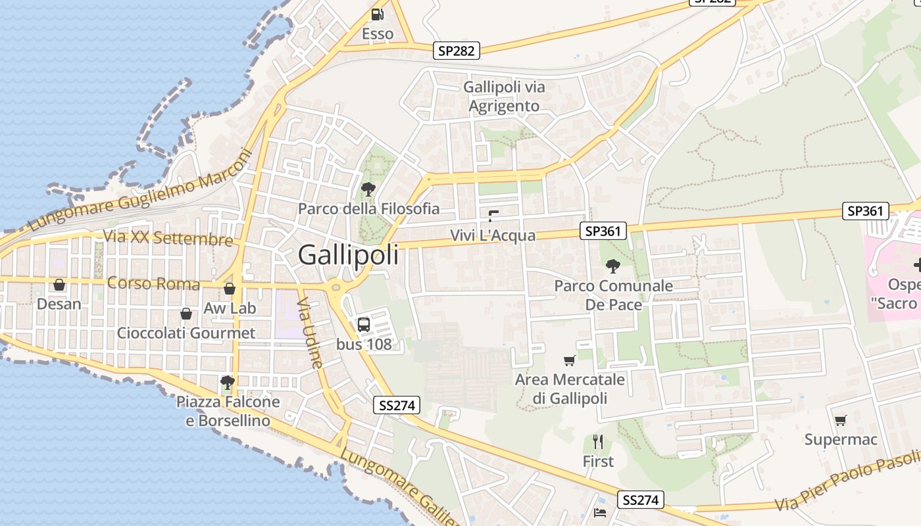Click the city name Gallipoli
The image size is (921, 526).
pos(348,254)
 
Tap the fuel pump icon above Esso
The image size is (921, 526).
pos(377,14)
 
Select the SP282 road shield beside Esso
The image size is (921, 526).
pos(457,51)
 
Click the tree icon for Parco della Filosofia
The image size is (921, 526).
pos(368,189)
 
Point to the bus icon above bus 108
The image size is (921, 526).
pos(364,324)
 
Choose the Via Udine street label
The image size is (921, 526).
pos(309,333)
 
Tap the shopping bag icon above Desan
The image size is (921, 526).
pos(59,285)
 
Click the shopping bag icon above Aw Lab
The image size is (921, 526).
pos(230,289)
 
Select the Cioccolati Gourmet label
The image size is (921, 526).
pos(186,333)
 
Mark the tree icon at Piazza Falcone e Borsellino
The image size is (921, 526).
pos(228,382)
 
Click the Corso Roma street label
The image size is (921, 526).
pos(153,284)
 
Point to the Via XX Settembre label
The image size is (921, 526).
pos(168,237)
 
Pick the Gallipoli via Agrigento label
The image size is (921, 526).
pos(504,96)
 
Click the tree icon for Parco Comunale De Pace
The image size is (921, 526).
pos(613,266)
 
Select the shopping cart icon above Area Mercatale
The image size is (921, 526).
pos(570,360)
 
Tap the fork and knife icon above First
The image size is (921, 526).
pos(598,441)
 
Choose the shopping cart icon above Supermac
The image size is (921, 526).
pos(840,420)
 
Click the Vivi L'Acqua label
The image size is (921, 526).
pos(493,235)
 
